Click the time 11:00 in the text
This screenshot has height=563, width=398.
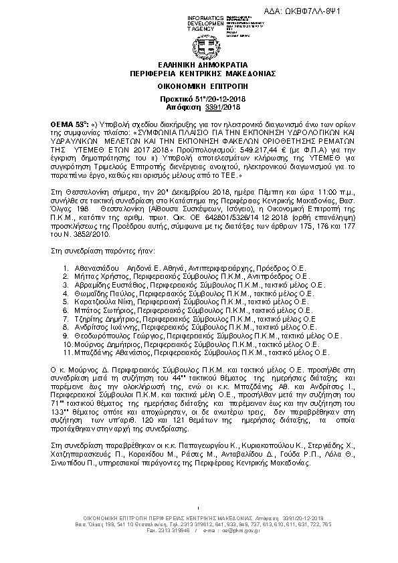coord(293,191)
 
